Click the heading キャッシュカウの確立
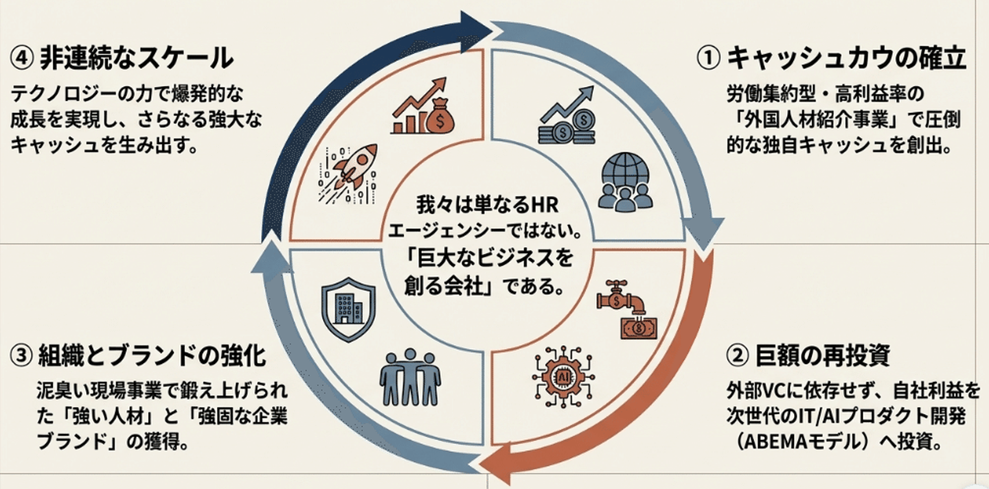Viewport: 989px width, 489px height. click(x=846, y=59)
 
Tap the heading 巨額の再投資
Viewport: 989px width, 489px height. click(x=823, y=356)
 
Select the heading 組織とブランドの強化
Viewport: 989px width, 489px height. click(x=152, y=356)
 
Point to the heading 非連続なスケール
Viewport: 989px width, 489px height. click(x=137, y=58)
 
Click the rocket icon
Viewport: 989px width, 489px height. click(x=348, y=175)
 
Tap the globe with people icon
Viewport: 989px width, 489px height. click(x=625, y=182)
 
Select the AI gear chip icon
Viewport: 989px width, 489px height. click(x=563, y=377)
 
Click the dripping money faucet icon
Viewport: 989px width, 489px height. click(x=627, y=309)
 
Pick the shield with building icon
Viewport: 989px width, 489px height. click(x=348, y=309)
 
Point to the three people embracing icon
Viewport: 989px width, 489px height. click(x=410, y=377)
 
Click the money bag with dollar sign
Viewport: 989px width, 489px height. click(x=440, y=116)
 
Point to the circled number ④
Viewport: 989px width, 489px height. click(x=22, y=58)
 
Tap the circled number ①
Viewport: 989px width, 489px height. click(x=709, y=59)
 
